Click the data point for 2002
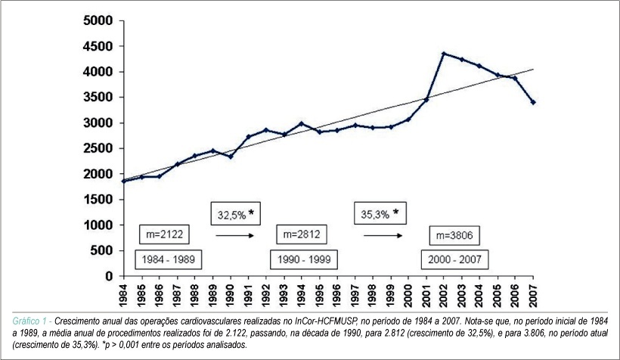pyautogui.click(x=444, y=54)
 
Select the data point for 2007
pyautogui.click(x=533, y=102)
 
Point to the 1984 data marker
pyautogui.click(x=124, y=182)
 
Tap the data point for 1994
pyautogui.click(x=302, y=123)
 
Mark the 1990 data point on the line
pyautogui.click(x=231, y=157)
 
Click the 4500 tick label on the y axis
pyautogui.click(x=98, y=46)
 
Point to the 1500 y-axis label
pyautogui.click(x=98, y=200)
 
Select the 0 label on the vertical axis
pyautogui.click(x=109, y=276)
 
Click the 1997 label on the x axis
pyautogui.click(x=355, y=296)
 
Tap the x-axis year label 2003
pyautogui.click(x=461, y=296)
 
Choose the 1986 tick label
pyautogui.click(x=159, y=296)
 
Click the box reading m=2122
pyautogui.click(x=164, y=234)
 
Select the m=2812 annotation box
pyautogui.click(x=301, y=234)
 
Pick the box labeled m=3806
pyautogui.click(x=454, y=236)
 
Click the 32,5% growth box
pyautogui.click(x=236, y=214)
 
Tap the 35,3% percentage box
pyautogui.click(x=380, y=213)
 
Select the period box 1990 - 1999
pyautogui.click(x=304, y=259)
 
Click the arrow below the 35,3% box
pyautogui.click(x=383, y=236)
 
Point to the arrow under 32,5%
pyautogui.click(x=234, y=236)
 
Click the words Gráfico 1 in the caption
pyautogui.click(x=29, y=321)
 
